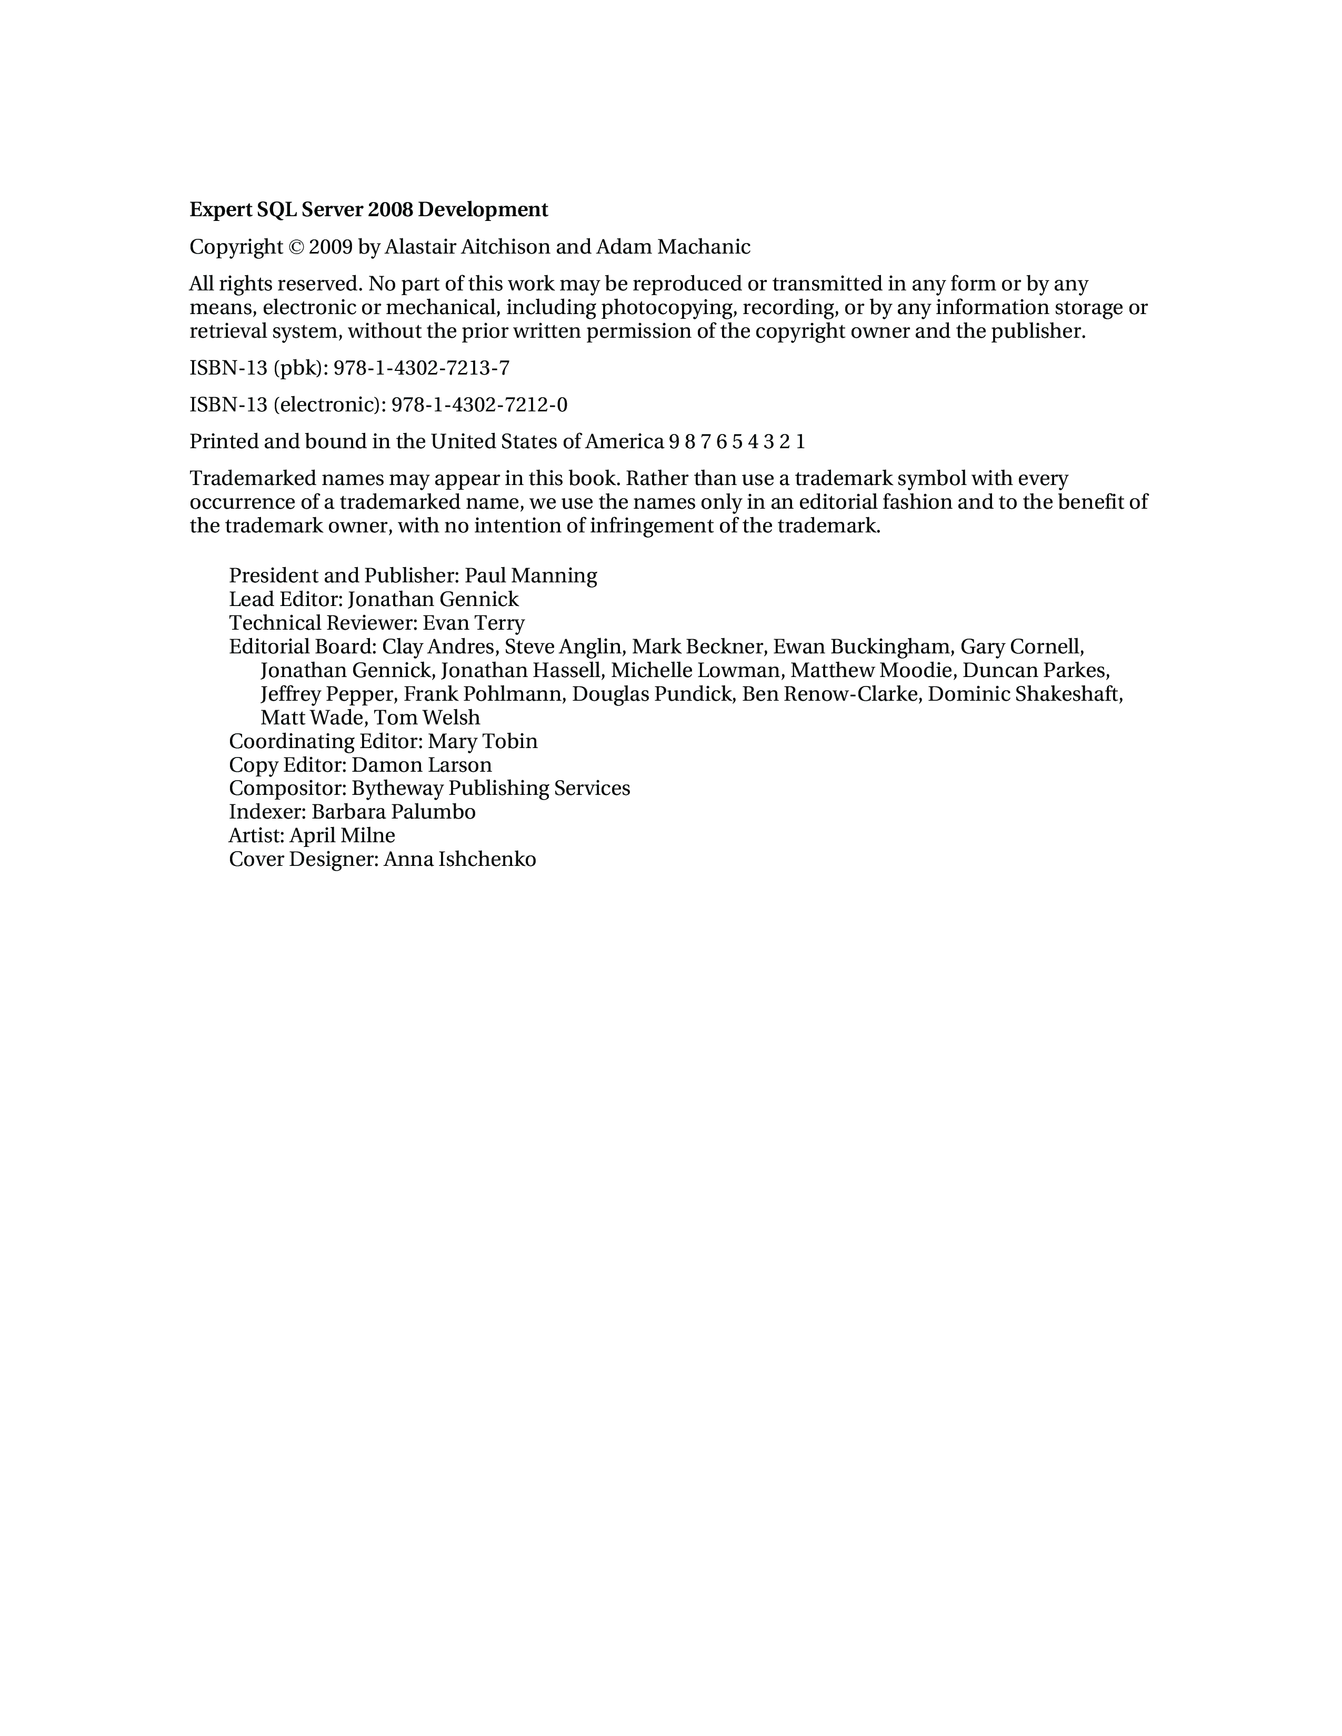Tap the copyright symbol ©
[x=296, y=247]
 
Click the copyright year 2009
[x=330, y=247]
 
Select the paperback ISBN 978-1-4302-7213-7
[x=422, y=368]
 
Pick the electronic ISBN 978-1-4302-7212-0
[x=479, y=406]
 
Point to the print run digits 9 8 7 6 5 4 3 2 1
[x=737, y=442]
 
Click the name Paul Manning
[x=530, y=576]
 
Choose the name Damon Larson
[x=422, y=765]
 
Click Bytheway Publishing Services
[x=490, y=789]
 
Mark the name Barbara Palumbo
[x=394, y=812]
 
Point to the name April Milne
[x=342, y=835]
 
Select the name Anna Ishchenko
[x=459, y=859]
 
